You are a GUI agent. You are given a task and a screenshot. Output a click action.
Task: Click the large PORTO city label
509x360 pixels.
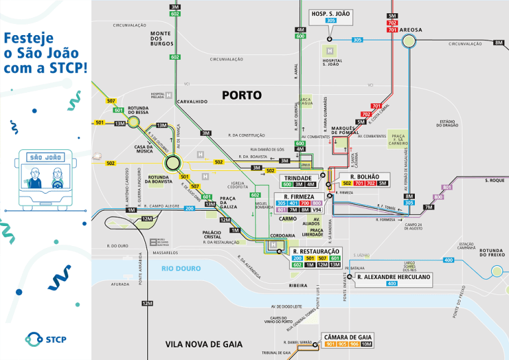coord(242,95)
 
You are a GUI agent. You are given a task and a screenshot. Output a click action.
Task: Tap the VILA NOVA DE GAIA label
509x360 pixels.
coord(203,344)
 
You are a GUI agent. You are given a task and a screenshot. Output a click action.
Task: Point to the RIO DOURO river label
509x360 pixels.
coord(181,268)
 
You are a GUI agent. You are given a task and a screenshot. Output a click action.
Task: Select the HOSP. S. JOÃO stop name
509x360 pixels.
coord(331,13)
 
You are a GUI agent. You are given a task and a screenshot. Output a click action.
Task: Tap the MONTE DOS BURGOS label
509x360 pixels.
coord(160,38)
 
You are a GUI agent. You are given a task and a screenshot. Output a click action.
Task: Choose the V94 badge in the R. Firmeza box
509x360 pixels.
coord(326,210)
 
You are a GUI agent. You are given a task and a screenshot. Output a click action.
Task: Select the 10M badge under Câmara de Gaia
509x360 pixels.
coord(367,344)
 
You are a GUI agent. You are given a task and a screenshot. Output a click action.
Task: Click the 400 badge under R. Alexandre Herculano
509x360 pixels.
coord(392,284)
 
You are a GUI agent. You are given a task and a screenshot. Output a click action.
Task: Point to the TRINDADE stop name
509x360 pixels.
coord(298,178)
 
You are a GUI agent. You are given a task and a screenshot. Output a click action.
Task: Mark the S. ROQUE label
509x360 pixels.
coord(494,180)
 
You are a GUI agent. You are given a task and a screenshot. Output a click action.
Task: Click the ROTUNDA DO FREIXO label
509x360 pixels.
coord(492,252)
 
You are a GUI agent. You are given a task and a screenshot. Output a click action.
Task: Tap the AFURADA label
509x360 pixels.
coord(120,284)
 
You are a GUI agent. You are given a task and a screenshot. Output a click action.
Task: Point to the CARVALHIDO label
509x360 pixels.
coord(192,102)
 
